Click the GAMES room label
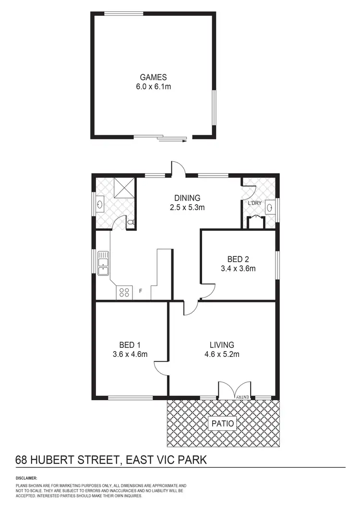tap(153, 77)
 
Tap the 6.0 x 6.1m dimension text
tap(153, 87)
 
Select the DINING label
tap(187, 198)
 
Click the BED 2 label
tap(231, 260)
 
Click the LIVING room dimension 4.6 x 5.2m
tap(221, 355)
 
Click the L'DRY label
tap(254, 203)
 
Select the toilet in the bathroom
tap(131, 223)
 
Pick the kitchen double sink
tap(103, 264)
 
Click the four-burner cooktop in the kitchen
tap(124, 292)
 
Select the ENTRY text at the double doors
tap(243, 396)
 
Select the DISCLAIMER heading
tap(26, 478)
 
